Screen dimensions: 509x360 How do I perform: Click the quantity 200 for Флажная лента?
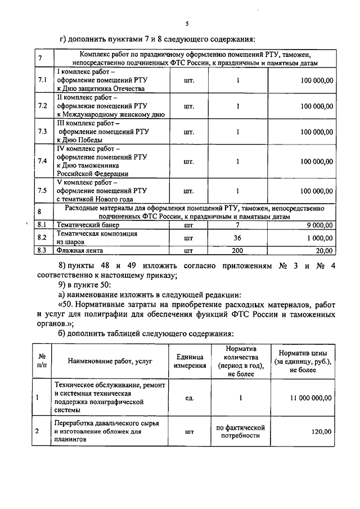[x=237, y=251]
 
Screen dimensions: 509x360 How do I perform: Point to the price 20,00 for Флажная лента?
[x=323, y=251]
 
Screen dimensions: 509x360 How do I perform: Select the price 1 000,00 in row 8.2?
[x=316, y=238]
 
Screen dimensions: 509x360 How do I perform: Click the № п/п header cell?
[x=42, y=361]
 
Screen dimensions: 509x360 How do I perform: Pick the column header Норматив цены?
[x=301, y=361]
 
